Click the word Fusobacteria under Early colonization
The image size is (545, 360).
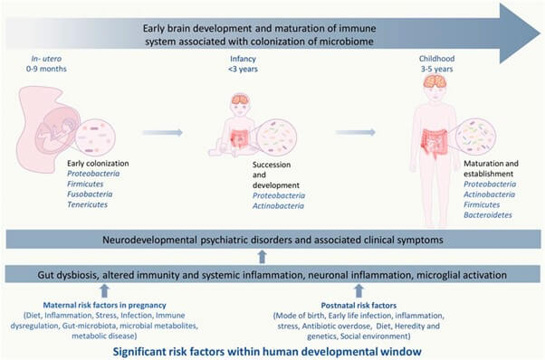90,194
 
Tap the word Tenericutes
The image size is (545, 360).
87,204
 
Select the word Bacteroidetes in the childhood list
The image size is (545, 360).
488,215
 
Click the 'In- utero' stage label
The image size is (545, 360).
46,59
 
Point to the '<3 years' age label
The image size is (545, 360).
243,69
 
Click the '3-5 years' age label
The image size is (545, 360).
437,69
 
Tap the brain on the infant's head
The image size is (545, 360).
240,99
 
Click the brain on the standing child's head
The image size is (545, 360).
435,81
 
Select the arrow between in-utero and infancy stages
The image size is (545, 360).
163,132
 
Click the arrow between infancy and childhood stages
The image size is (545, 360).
355,132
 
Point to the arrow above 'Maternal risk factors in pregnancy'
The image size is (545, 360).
104,291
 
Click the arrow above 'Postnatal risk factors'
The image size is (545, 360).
359,291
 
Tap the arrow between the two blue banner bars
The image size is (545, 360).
263,257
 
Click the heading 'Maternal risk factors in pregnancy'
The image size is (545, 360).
105,305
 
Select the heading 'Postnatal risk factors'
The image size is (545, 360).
359,306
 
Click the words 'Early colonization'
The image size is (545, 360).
98,163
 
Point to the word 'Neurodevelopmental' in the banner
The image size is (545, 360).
149,240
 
